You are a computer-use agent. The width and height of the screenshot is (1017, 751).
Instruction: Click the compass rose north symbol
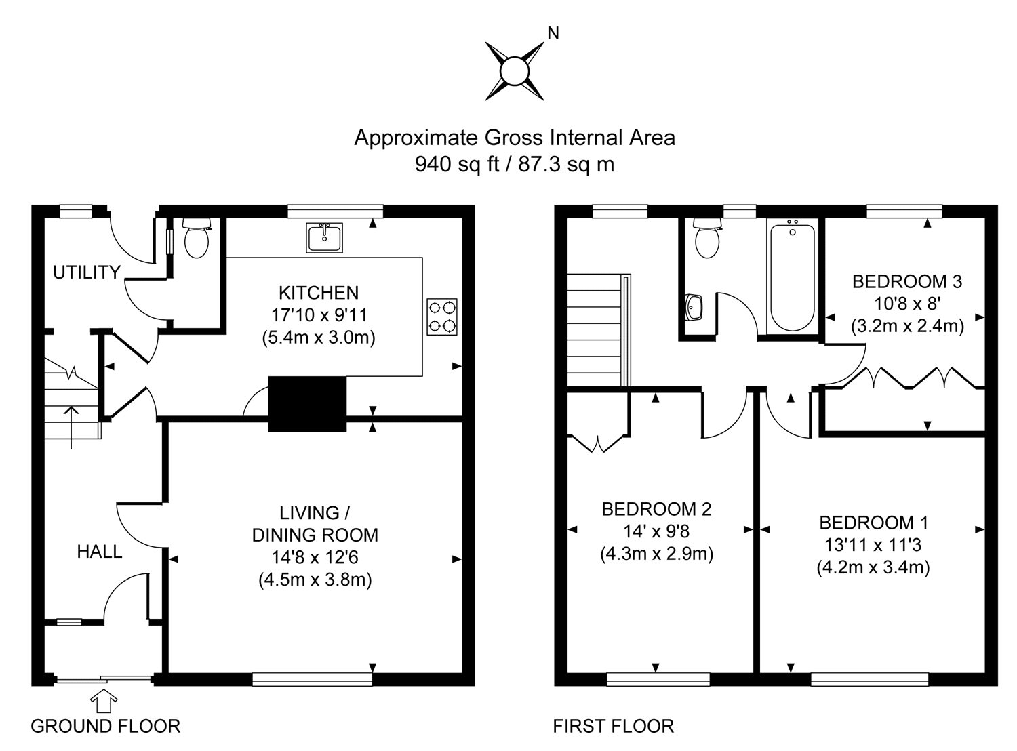click(515, 70)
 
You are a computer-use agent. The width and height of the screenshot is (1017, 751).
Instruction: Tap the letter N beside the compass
click(553, 33)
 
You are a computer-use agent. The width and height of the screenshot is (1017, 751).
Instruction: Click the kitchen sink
click(325, 237)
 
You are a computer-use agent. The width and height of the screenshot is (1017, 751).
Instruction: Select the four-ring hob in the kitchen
click(442, 317)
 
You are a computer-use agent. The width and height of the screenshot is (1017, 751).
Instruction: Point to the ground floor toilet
click(197, 238)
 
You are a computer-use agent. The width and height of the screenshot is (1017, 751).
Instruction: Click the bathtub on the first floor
click(793, 278)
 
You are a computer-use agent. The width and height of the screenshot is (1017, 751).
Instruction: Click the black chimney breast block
click(308, 404)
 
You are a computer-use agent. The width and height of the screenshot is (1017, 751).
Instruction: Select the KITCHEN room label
click(319, 293)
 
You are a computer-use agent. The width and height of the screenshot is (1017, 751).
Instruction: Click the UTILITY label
click(87, 272)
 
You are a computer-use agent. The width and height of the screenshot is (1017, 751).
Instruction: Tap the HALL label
click(100, 552)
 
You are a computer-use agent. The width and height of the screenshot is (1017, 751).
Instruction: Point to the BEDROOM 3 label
click(907, 281)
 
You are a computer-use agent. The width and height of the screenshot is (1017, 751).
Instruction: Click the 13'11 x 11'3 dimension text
click(873, 544)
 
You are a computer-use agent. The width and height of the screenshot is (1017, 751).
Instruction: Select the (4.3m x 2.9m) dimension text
click(657, 554)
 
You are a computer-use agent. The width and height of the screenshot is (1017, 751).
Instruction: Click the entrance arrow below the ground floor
click(103, 700)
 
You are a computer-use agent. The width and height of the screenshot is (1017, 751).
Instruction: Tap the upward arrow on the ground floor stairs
click(71, 426)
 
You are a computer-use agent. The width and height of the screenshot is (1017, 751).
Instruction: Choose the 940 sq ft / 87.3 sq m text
click(515, 164)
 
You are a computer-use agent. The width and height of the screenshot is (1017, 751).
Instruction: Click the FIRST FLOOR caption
click(613, 727)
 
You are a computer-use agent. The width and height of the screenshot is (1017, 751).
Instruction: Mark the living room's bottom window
click(313, 678)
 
